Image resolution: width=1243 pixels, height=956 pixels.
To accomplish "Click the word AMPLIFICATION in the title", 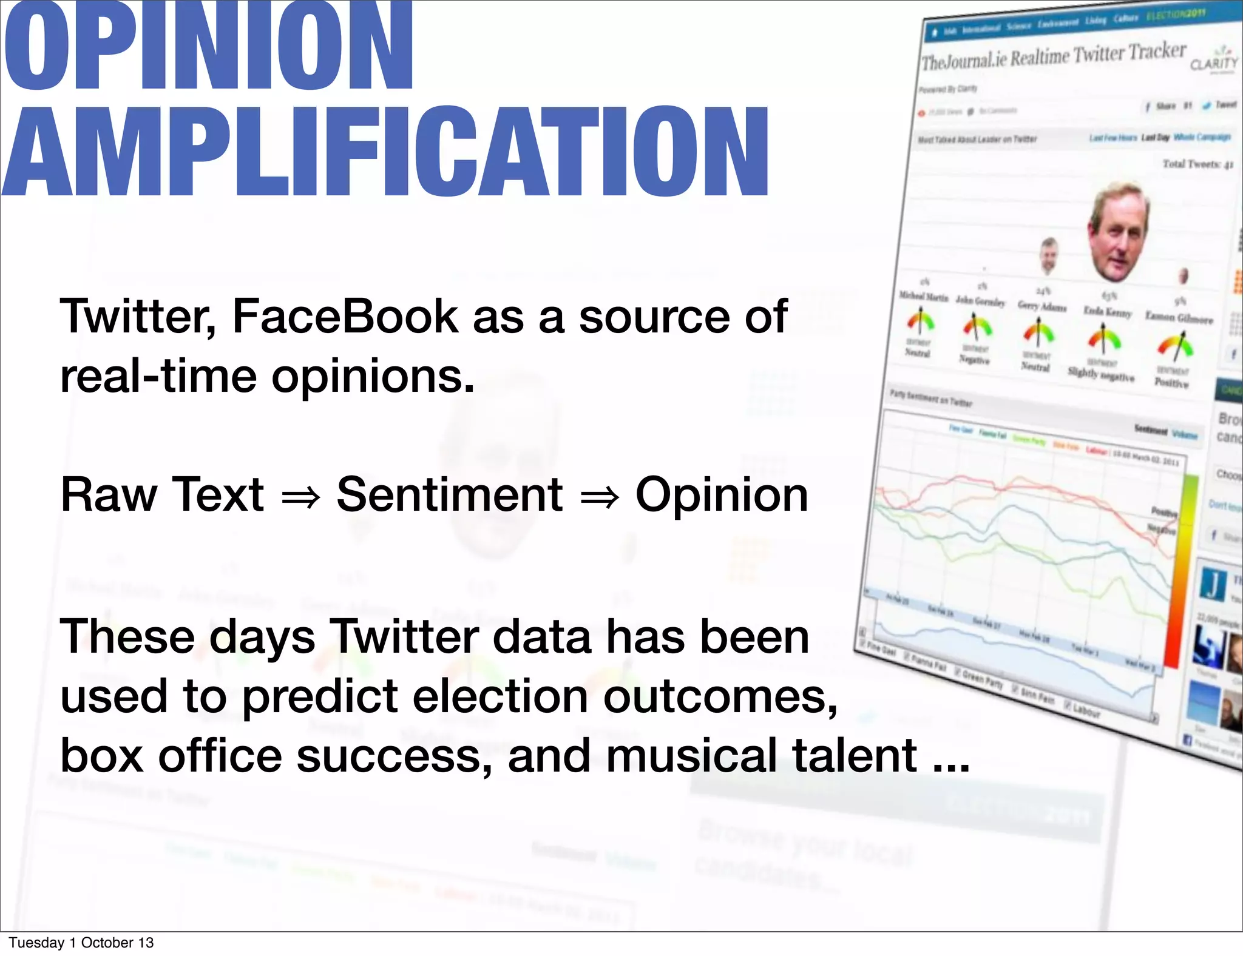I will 385,152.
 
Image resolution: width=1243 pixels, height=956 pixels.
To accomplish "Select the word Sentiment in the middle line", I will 449,494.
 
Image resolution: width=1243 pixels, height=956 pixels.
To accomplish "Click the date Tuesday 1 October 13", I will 81,943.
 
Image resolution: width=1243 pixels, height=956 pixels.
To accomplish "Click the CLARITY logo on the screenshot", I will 1213,61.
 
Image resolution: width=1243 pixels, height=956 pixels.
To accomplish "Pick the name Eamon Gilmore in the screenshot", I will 1179,318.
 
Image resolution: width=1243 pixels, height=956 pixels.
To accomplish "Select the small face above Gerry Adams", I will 1048,255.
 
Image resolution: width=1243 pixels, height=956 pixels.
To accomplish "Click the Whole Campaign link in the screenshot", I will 1201,137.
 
